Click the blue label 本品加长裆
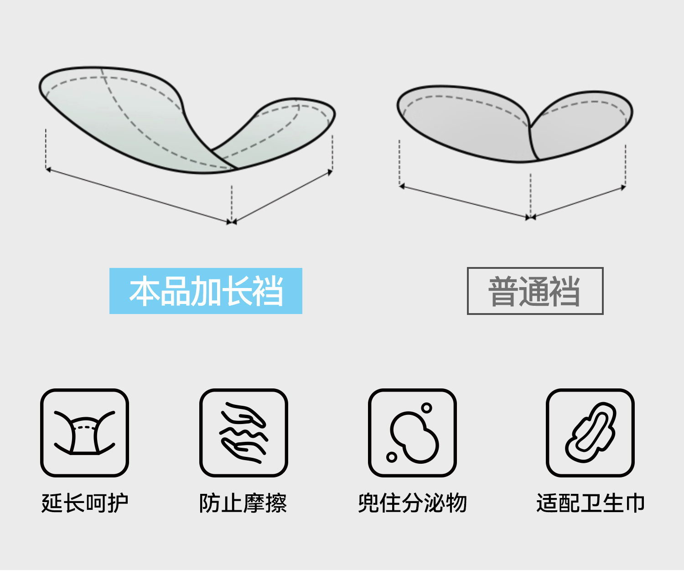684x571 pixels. [x=206, y=291]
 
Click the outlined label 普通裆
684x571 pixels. [x=535, y=291]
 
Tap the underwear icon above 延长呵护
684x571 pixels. [x=85, y=433]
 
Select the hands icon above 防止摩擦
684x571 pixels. [x=244, y=433]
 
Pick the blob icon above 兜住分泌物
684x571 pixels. [x=412, y=433]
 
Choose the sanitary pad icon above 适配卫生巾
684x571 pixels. [x=590, y=433]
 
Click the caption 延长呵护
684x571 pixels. [x=85, y=503]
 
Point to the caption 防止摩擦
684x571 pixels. [x=243, y=503]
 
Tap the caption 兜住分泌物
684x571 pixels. [x=412, y=503]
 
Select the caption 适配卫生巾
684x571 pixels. [x=590, y=503]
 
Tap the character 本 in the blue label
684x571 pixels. [x=143, y=291]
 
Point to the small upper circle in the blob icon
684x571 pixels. [x=426, y=408]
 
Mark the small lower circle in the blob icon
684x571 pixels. [x=391, y=457]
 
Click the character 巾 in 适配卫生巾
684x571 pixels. [x=634, y=503]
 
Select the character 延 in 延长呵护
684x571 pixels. [x=52, y=503]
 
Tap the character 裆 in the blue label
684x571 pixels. [x=268, y=291]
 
